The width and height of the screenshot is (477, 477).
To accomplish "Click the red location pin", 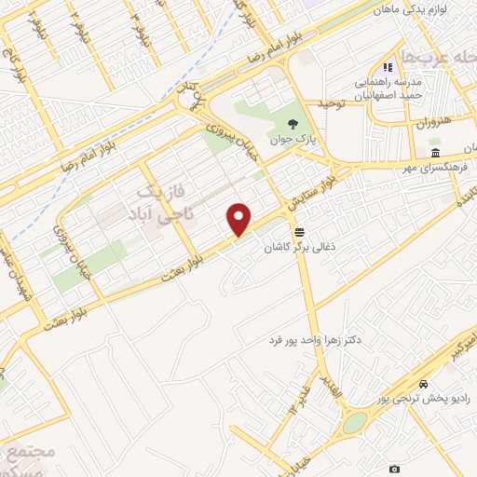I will (x=240, y=218).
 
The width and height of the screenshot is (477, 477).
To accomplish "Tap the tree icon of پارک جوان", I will (x=294, y=124).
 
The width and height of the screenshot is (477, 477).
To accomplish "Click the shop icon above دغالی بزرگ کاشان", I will (x=299, y=231).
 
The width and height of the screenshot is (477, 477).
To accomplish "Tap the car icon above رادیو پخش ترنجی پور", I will (x=424, y=384).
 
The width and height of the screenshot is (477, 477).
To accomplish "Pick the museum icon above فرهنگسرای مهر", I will (x=435, y=153).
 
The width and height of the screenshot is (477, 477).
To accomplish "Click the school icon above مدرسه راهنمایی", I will (x=388, y=67).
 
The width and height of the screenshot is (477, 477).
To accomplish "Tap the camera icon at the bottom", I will (x=395, y=468).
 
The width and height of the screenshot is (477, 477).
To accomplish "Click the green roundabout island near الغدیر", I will (x=354, y=424).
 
